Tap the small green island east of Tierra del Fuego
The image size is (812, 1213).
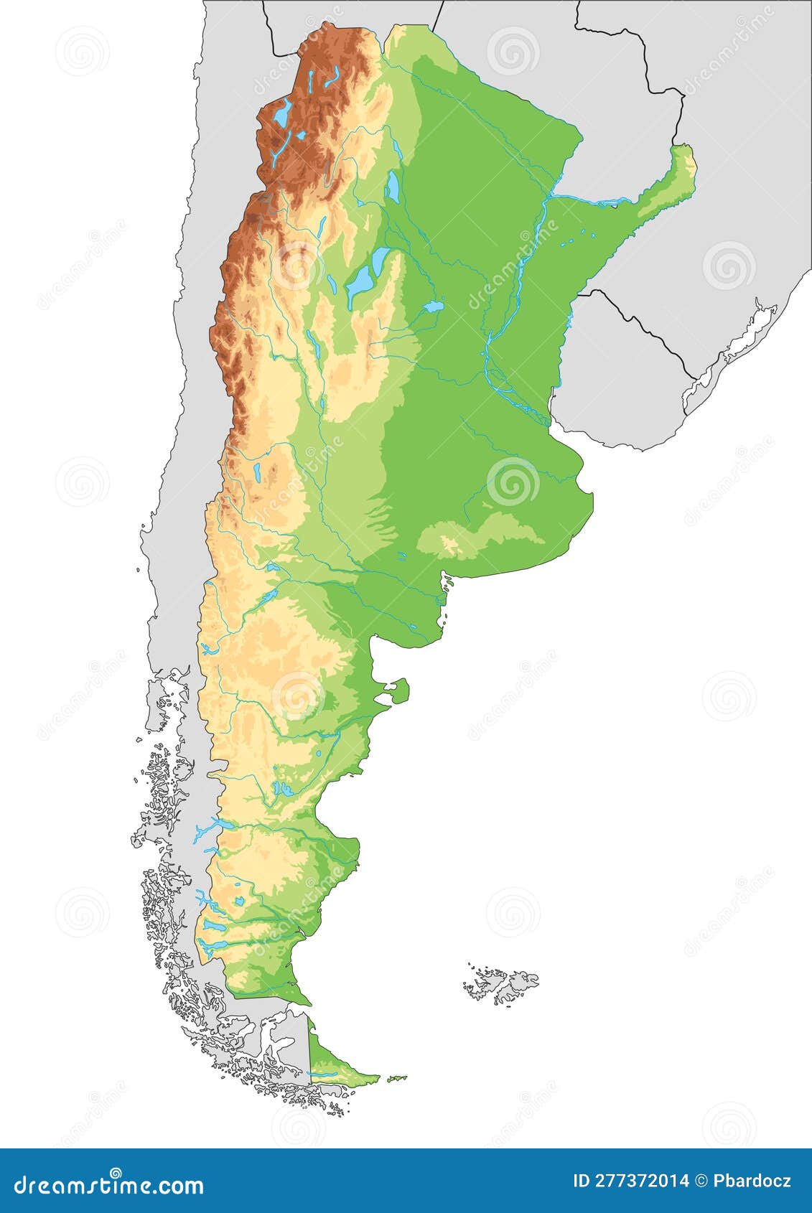pos(396,1077)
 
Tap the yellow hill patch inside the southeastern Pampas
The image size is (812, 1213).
pos(450,546)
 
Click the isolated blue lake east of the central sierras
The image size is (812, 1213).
pos(433,307)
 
